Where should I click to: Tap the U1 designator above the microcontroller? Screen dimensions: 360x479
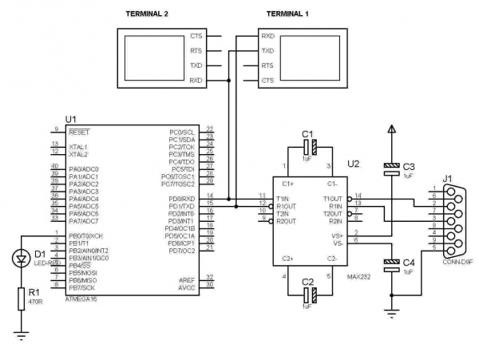coord(70,119)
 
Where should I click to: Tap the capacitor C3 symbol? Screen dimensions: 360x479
coord(391,168)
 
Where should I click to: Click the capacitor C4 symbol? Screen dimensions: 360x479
coord(391,264)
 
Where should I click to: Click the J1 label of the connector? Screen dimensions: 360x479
coord(448,178)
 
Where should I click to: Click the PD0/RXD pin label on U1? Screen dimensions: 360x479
coord(181,199)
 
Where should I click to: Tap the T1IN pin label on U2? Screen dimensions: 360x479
coord(283,199)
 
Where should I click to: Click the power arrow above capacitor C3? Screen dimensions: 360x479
coord(391,129)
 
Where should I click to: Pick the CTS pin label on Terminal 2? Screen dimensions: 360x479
coord(196,37)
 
